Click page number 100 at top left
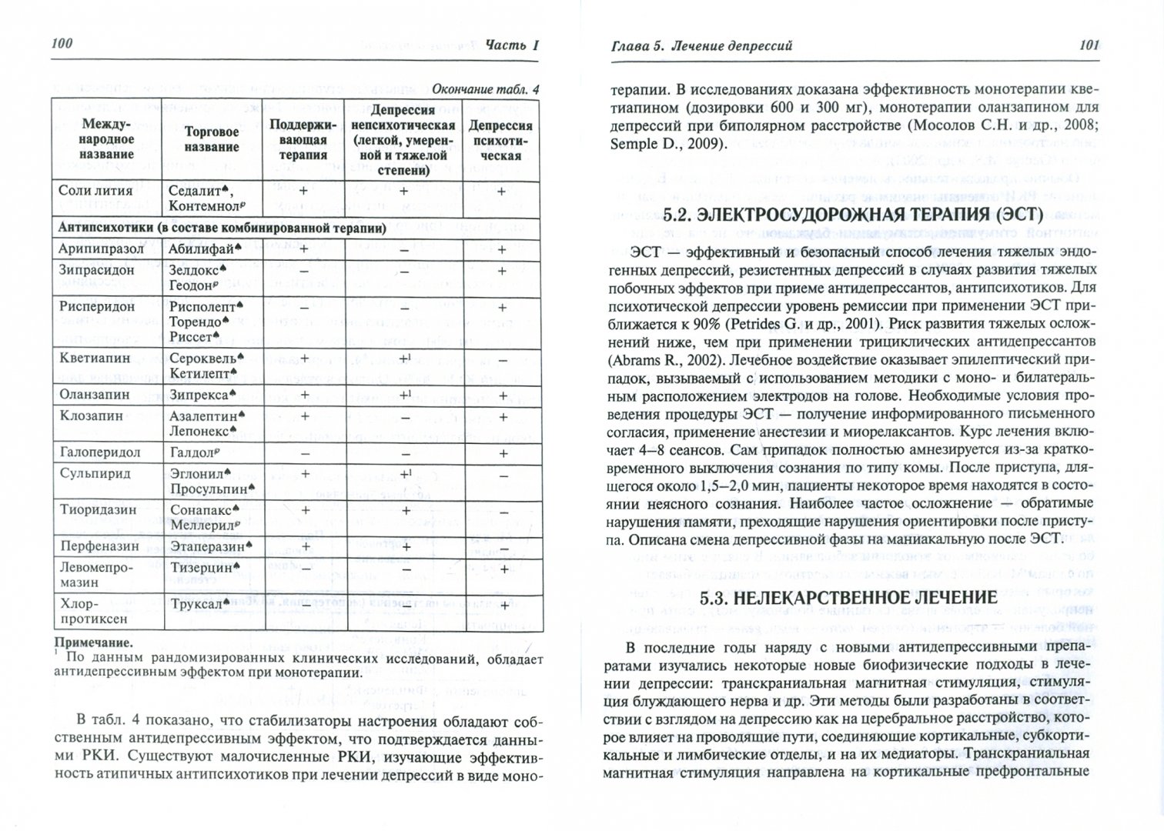tap(62, 43)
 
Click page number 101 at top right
tap(1089, 45)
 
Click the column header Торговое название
tap(212, 139)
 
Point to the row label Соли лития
tap(96, 190)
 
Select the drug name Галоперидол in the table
tap(101, 453)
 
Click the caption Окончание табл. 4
tap(486, 88)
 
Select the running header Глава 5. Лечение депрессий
tap(698, 46)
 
